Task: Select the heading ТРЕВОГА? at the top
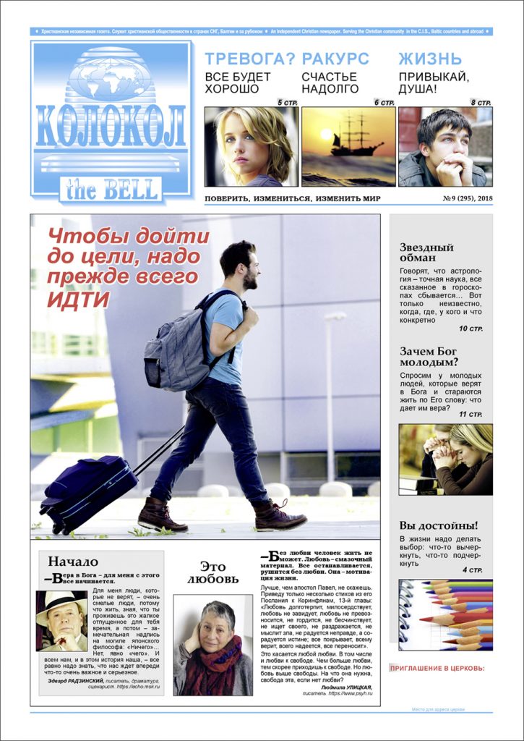250,59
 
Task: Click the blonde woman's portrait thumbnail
250,147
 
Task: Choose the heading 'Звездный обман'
426,253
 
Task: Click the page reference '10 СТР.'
470,329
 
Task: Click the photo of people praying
445,459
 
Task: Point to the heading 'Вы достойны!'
439,525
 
